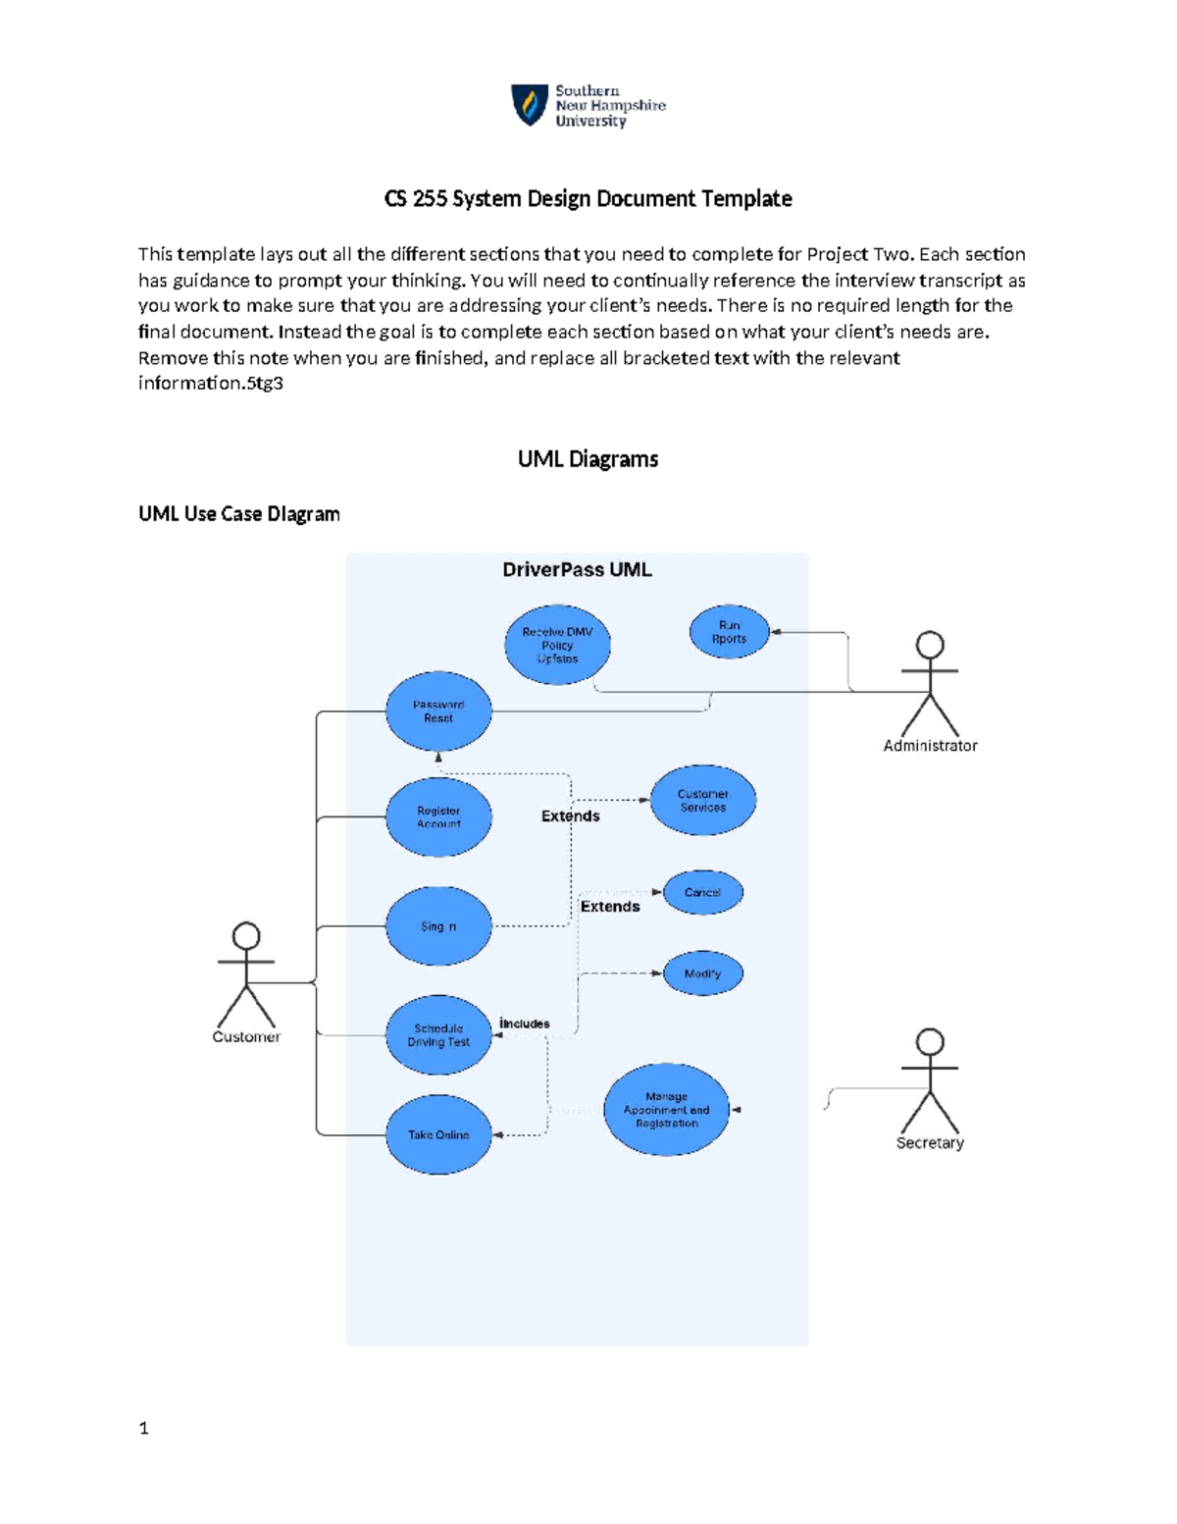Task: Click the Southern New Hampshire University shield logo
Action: click(x=530, y=105)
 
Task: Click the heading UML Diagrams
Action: click(x=588, y=459)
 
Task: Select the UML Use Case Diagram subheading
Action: click(x=239, y=514)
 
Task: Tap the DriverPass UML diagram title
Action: click(x=577, y=570)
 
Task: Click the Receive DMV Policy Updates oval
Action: click(x=557, y=645)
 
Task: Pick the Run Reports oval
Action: click(x=729, y=632)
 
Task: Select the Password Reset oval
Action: click(x=438, y=711)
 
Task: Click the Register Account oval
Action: click(x=438, y=816)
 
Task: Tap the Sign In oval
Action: click(x=438, y=926)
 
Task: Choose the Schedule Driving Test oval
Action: click(x=438, y=1035)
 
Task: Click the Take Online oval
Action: click(x=438, y=1134)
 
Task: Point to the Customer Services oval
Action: click(x=703, y=801)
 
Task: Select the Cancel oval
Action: click(x=702, y=892)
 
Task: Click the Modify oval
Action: click(x=702, y=973)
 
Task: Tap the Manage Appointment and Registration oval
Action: click(x=667, y=1110)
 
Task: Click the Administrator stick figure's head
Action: click(x=930, y=646)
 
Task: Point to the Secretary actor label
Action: click(x=930, y=1143)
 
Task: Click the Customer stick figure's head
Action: click(x=246, y=935)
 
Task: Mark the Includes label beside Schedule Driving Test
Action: click(x=525, y=1024)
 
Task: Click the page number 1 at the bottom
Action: click(x=144, y=1429)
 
